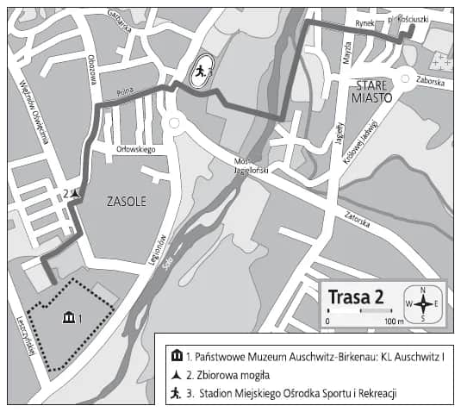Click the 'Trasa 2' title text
coord(355,297)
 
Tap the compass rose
coord(423,303)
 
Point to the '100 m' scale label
coord(394,321)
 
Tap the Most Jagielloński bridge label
coord(251,166)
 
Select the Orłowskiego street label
coord(135,149)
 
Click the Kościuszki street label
coord(427,18)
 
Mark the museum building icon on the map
coord(68,318)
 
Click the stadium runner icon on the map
coord(198,73)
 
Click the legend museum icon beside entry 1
coord(177,355)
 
